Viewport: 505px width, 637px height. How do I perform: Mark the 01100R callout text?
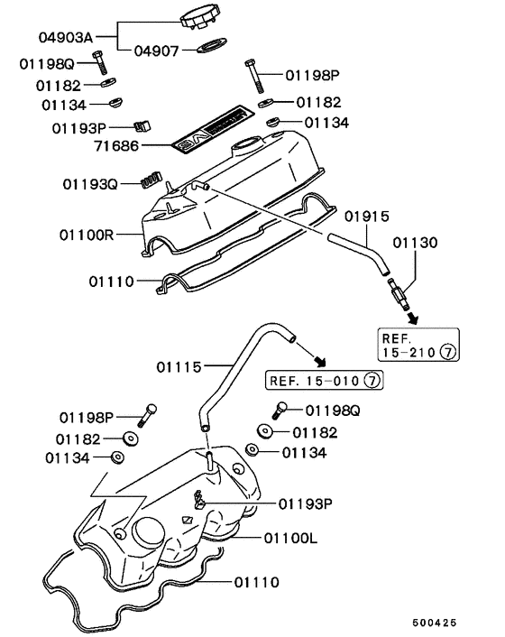coord(86,235)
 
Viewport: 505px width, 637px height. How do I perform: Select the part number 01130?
coord(415,242)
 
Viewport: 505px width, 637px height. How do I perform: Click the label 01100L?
coord(292,539)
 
